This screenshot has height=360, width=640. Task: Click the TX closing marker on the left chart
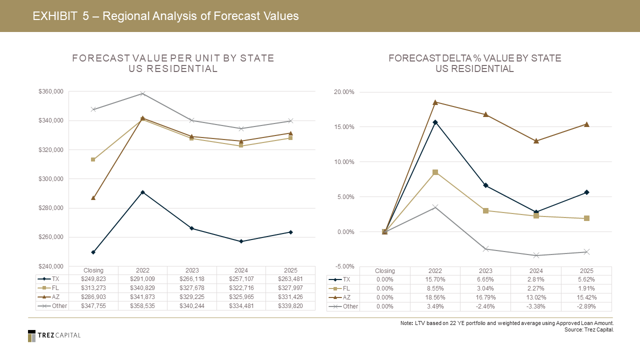(93, 252)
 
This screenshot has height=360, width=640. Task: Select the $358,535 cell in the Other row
(142, 306)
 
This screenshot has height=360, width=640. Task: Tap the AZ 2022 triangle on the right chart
(435, 102)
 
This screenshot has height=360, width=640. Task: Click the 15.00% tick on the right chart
(344, 127)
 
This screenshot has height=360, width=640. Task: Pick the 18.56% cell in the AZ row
(435, 297)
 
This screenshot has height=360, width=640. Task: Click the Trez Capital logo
(54, 335)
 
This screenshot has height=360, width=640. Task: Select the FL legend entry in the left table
(51, 288)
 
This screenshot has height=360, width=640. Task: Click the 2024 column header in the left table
(241, 270)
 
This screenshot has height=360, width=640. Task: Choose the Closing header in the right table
(384, 270)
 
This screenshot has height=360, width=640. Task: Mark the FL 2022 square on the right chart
(435, 172)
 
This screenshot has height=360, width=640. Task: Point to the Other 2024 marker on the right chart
(536, 255)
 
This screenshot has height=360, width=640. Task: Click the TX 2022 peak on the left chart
(142, 192)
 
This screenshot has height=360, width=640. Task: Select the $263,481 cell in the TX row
(290, 279)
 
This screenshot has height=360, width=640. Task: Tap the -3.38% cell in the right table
(536, 306)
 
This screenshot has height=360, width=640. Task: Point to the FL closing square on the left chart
(93, 159)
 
